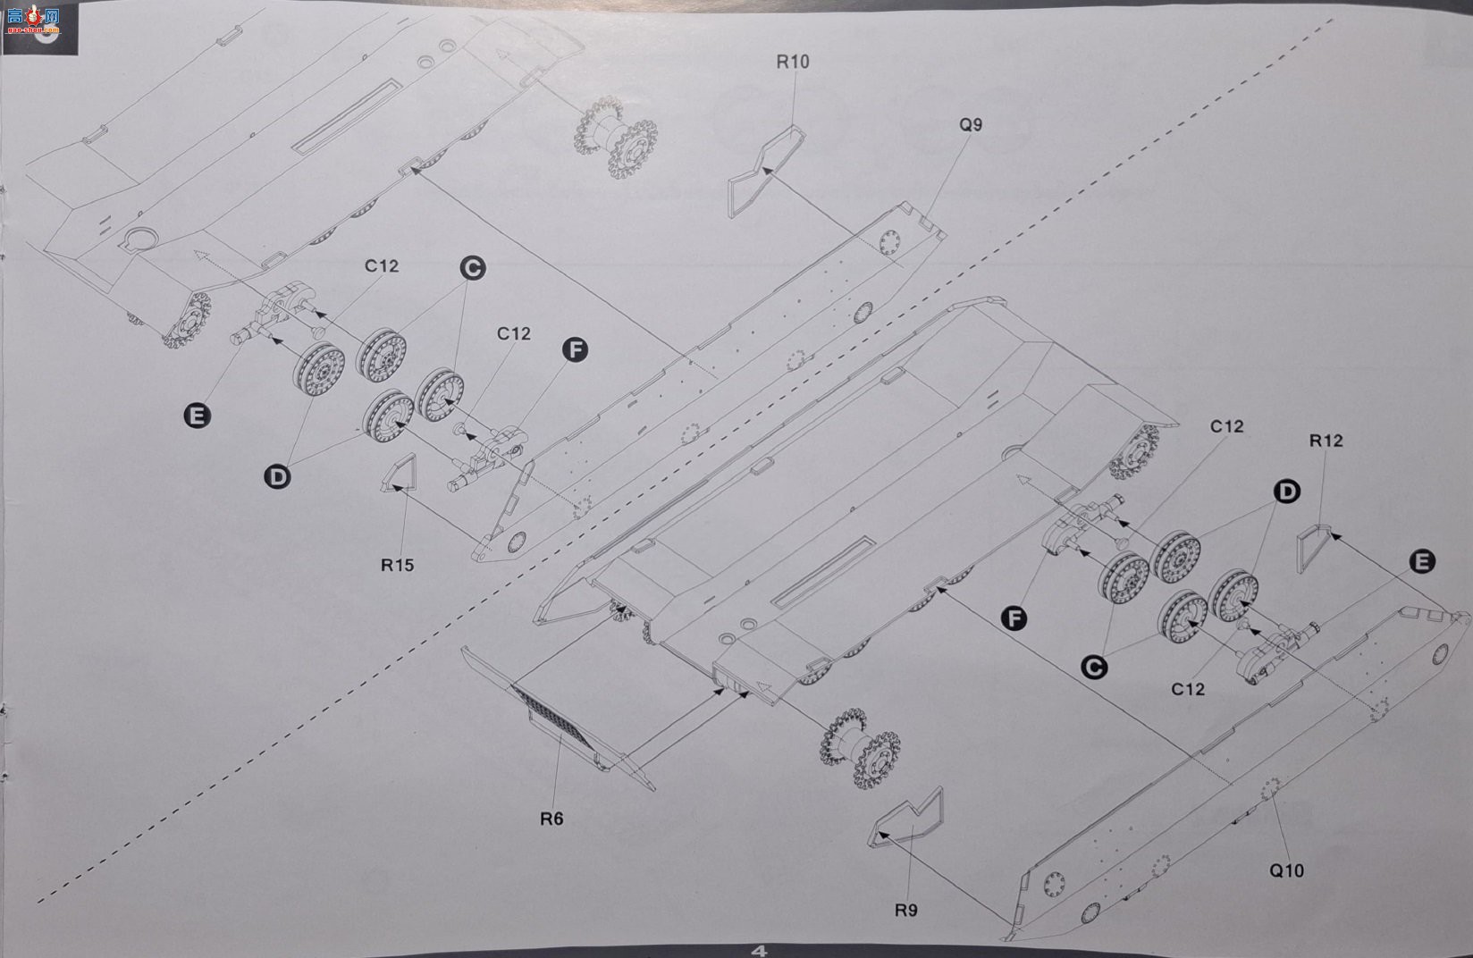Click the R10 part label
click(x=793, y=62)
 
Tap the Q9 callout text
click(x=971, y=125)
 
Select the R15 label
click(x=397, y=565)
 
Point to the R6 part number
click(x=551, y=819)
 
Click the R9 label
click(x=905, y=910)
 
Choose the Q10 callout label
click(x=1286, y=870)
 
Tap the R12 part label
click(x=1326, y=441)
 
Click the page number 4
click(x=760, y=951)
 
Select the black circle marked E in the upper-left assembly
click(x=198, y=416)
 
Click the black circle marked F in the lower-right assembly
click(x=1014, y=618)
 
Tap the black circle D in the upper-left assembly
click(x=277, y=476)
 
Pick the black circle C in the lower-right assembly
click(x=1093, y=668)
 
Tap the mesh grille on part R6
click(x=552, y=717)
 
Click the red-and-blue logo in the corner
click(x=34, y=20)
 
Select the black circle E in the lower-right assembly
click(x=1422, y=561)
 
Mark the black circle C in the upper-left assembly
click(x=472, y=268)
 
